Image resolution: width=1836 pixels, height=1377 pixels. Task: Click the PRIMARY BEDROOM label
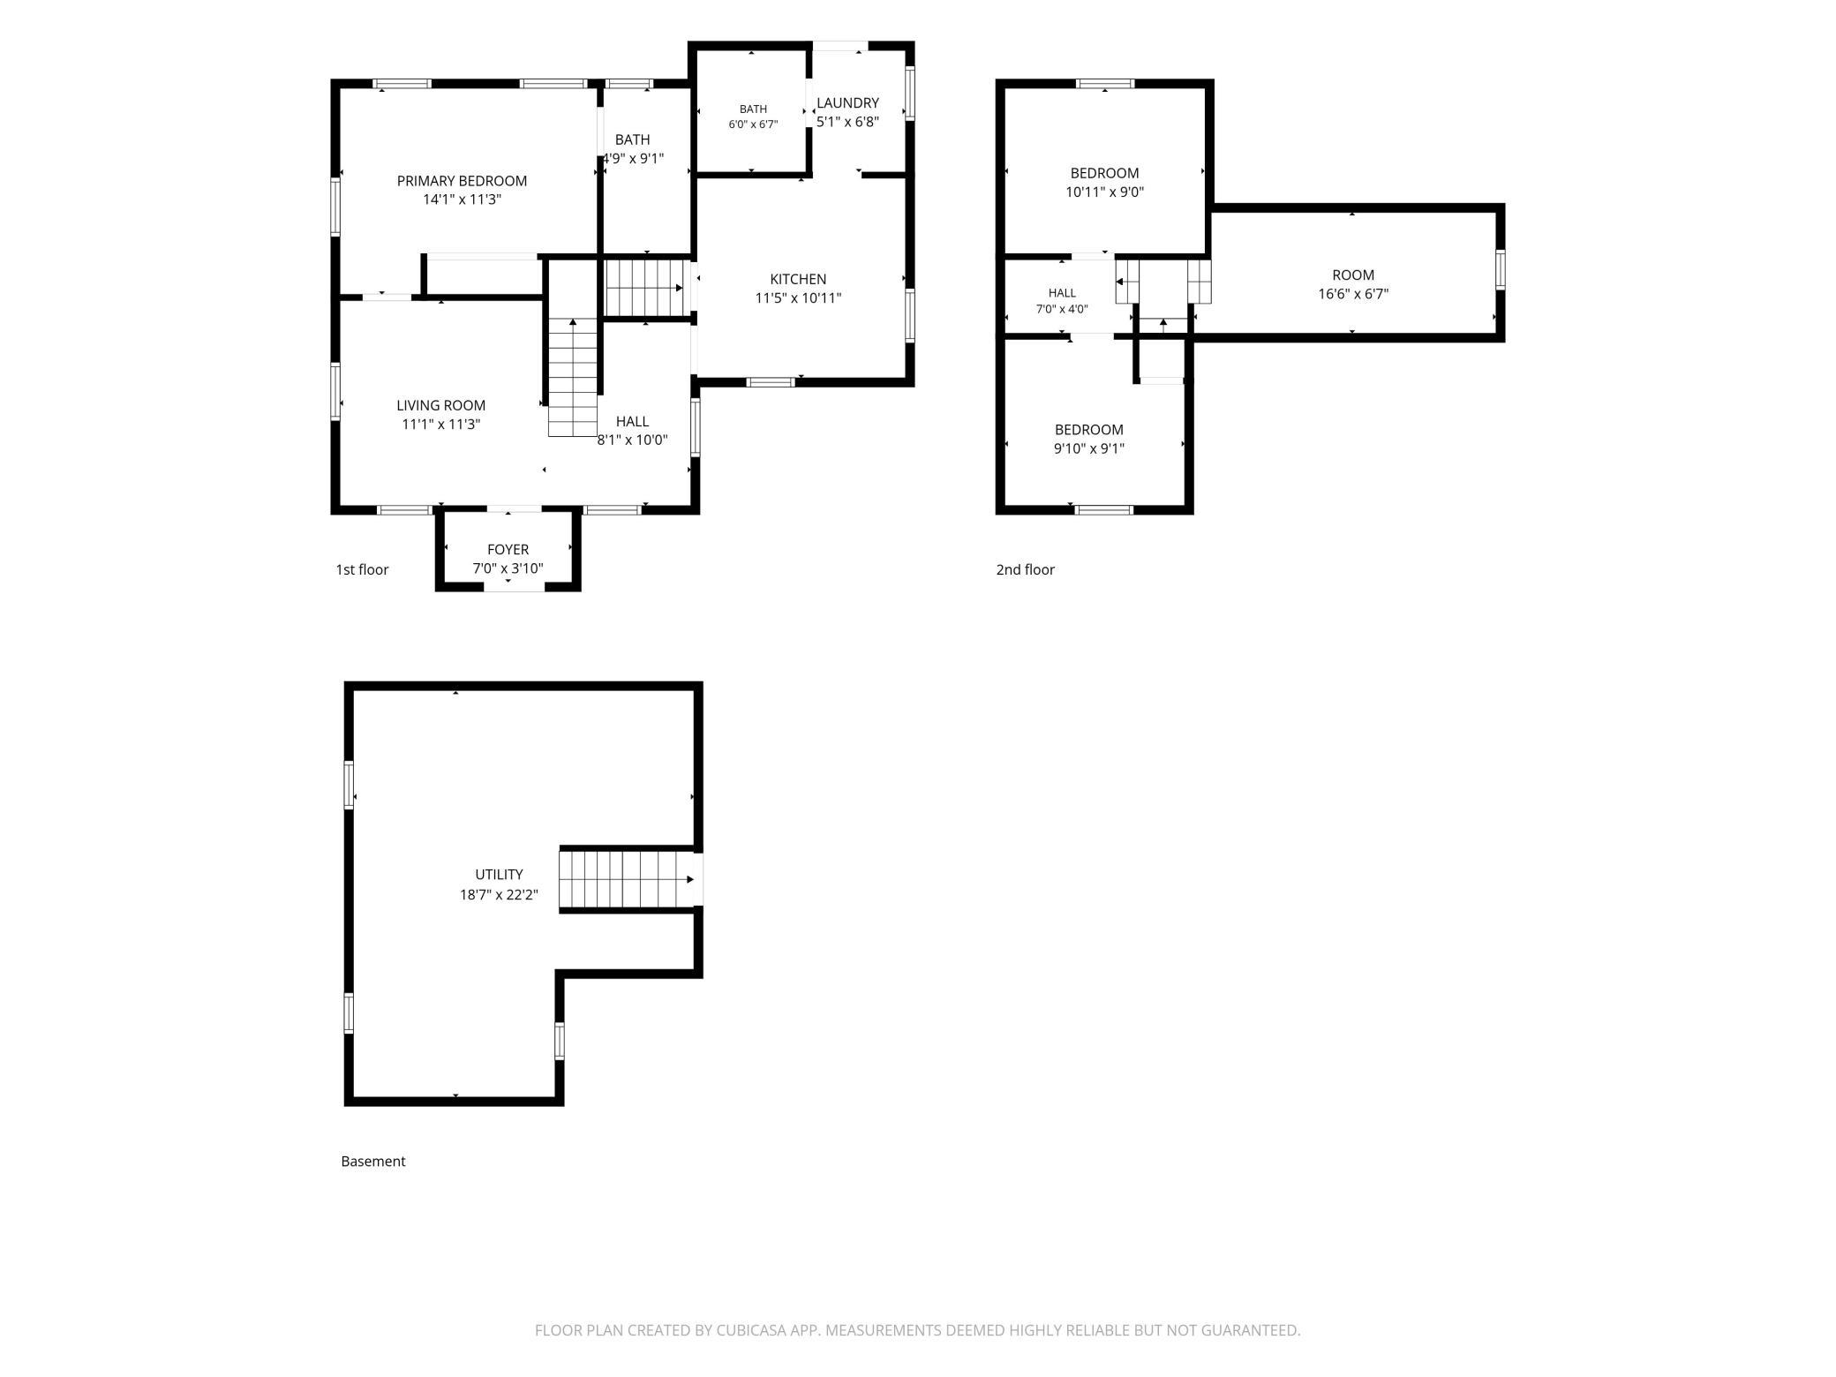pyautogui.click(x=462, y=181)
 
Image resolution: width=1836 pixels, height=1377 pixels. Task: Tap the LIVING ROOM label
pyautogui.click(x=440, y=405)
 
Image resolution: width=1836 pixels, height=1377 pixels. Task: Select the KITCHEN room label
pyautogui.click(x=798, y=279)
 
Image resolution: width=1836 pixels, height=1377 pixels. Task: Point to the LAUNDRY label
pyautogui.click(x=847, y=102)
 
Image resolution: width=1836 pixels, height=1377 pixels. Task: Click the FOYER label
pyautogui.click(x=508, y=549)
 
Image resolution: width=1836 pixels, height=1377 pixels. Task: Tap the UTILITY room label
pyautogui.click(x=499, y=874)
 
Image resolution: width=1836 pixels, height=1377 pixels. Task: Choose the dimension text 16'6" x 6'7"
pyautogui.click(x=1353, y=294)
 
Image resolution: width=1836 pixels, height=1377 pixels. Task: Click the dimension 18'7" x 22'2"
pyautogui.click(x=499, y=894)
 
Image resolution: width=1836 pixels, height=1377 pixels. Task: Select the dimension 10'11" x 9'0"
pyautogui.click(x=1104, y=192)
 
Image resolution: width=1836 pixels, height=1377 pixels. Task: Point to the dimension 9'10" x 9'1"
pyautogui.click(x=1088, y=448)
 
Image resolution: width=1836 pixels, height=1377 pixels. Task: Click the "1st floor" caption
pyautogui.click(x=362, y=569)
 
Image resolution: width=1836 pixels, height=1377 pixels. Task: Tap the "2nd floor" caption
pyautogui.click(x=1025, y=569)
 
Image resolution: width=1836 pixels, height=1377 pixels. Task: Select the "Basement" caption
pyautogui.click(x=372, y=1161)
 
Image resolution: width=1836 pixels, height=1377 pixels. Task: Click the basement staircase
pyautogui.click(x=630, y=879)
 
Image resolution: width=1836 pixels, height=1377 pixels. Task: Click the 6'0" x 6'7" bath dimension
pyautogui.click(x=753, y=124)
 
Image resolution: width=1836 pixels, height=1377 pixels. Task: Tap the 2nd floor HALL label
pyautogui.click(x=1062, y=292)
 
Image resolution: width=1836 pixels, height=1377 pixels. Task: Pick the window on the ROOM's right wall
pyautogui.click(x=1500, y=269)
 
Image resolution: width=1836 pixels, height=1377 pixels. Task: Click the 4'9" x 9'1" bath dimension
pyautogui.click(x=633, y=159)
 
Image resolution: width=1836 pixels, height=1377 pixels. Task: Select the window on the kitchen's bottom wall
pyautogui.click(x=771, y=382)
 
